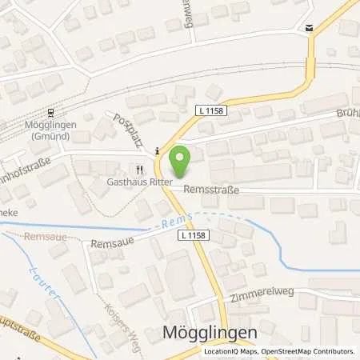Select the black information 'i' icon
point(158,150)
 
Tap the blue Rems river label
point(167,226)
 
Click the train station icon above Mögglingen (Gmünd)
point(50,112)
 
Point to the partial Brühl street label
point(346,114)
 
